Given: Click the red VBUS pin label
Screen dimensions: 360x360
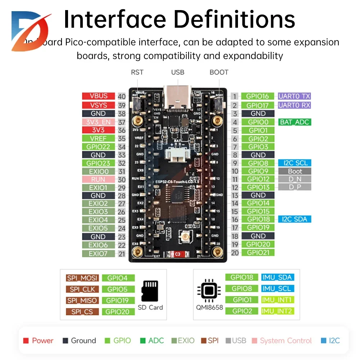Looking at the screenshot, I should pyautogui.click(x=98, y=96).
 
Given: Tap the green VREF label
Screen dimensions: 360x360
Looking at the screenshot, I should pyautogui.click(x=98, y=138).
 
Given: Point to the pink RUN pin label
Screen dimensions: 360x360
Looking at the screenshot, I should pyautogui.click(x=98, y=179).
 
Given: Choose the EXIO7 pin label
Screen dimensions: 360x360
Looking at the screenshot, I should pyautogui.click(x=98, y=253).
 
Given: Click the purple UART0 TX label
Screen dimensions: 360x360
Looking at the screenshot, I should pyautogui.click(x=294, y=96).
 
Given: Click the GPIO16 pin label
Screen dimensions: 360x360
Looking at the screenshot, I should pyautogui.click(x=258, y=96).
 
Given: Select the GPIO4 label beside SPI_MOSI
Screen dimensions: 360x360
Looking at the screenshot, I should pyautogui.click(x=118, y=278).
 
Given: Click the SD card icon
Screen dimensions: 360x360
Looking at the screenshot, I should pyautogui.click(x=150, y=291).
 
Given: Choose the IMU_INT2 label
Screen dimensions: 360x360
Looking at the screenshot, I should pyautogui.click(x=277, y=311).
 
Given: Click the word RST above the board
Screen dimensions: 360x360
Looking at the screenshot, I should pyautogui.click(x=137, y=72).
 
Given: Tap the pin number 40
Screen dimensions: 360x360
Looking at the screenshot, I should pyautogui.click(x=122, y=96).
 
